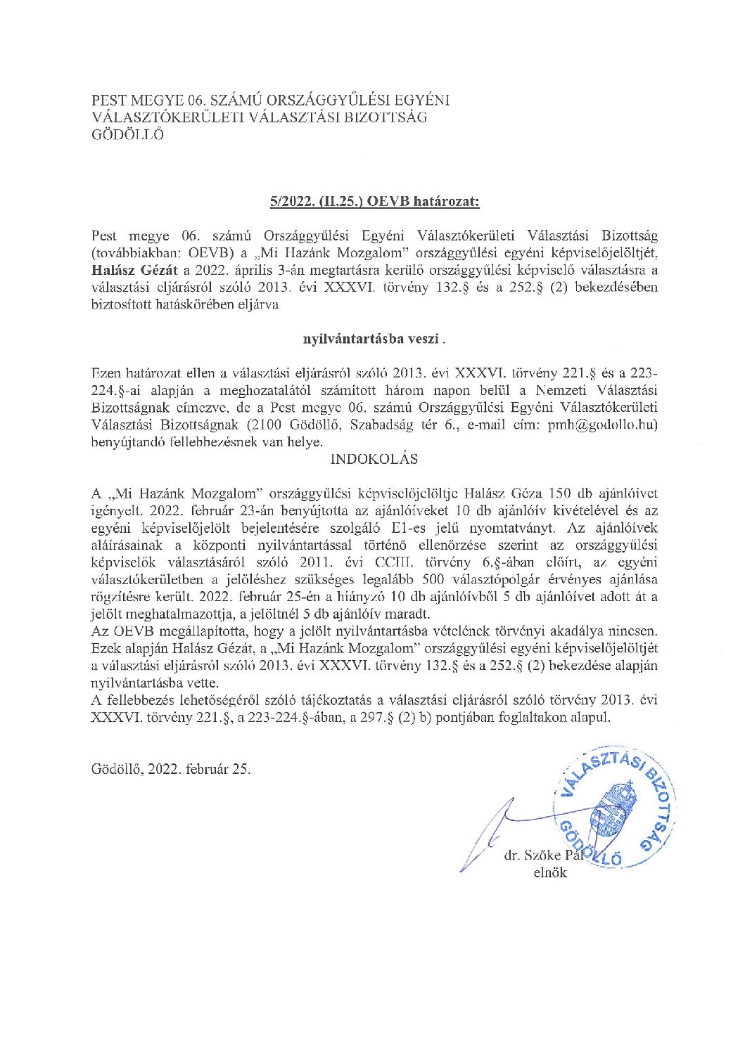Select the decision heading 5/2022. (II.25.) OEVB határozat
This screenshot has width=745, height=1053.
(x=374, y=202)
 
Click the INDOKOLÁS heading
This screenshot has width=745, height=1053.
(x=374, y=459)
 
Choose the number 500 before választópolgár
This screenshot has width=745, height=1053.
(x=433, y=579)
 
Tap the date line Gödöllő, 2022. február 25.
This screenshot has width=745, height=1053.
(x=171, y=768)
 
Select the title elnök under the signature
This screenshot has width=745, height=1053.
(x=550, y=873)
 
